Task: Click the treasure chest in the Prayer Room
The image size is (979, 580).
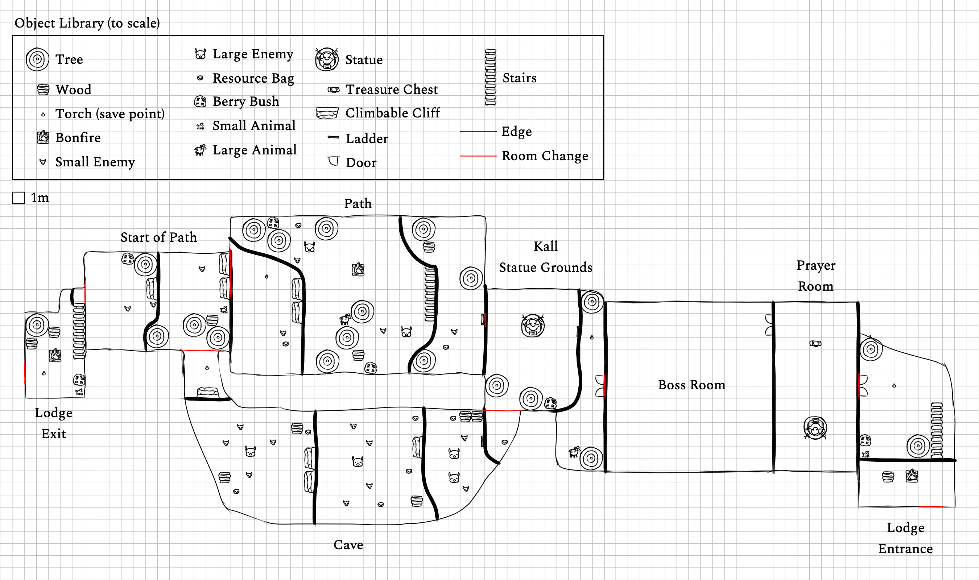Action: click(815, 344)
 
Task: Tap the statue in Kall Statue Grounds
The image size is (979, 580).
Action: click(532, 326)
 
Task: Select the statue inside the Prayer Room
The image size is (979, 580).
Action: click(815, 428)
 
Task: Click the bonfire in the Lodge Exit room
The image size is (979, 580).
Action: click(55, 355)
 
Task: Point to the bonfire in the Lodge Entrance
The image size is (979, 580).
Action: click(912, 476)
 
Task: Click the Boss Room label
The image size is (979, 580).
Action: click(691, 385)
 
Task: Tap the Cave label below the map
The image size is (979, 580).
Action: click(348, 544)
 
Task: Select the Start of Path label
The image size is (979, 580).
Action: click(158, 237)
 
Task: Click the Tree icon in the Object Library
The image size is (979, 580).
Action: click(37, 59)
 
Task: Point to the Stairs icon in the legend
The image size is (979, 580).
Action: click(490, 77)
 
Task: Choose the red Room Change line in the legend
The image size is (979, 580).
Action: click(478, 156)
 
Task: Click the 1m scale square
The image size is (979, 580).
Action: click(18, 198)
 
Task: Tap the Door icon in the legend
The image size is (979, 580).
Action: click(333, 161)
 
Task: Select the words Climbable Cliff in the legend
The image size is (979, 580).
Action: click(392, 113)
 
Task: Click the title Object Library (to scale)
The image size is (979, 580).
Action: click(87, 23)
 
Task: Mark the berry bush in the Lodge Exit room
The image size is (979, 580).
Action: click(79, 380)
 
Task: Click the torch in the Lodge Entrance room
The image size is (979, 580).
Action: click(894, 386)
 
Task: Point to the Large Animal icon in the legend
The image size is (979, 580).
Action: click(200, 150)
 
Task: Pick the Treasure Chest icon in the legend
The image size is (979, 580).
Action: click(333, 90)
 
